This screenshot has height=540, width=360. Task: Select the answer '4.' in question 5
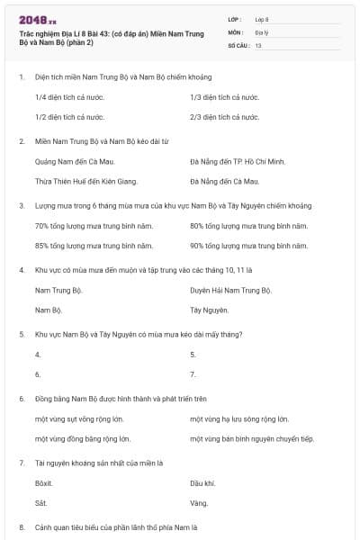(38, 354)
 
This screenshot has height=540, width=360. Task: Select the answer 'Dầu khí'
(203, 483)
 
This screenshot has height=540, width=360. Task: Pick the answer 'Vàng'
(199, 503)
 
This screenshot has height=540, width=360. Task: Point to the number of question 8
(21, 526)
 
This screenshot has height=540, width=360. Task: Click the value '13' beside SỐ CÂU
(258, 44)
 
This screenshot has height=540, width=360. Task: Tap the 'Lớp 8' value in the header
(262, 19)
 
